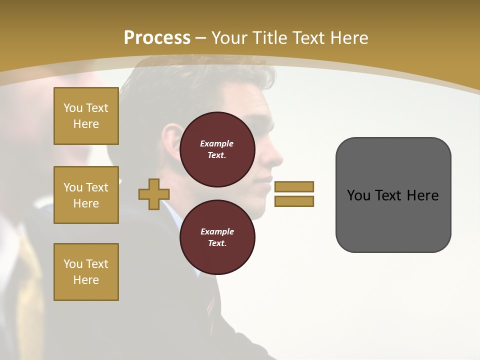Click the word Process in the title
157,37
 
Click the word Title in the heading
269,37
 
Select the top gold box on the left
86,116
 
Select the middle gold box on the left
86,195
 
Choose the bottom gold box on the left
86,271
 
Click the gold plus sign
154,194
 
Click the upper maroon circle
217,149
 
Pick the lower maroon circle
217,237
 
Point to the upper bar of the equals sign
294,186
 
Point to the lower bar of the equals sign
294,201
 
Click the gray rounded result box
393,195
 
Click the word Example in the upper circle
217,143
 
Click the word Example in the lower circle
217,231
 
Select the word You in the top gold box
73,108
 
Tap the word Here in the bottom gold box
86,280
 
